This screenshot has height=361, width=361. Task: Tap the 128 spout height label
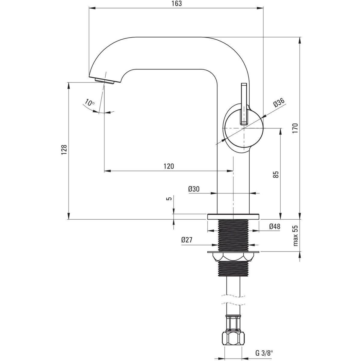(x=63, y=150)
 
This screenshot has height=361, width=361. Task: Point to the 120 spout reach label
(x=169, y=166)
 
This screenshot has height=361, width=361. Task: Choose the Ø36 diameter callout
(x=279, y=103)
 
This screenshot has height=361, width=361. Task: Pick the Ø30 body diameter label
(x=194, y=189)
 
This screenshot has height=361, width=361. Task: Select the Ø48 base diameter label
(x=275, y=227)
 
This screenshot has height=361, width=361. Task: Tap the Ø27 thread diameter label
(x=187, y=240)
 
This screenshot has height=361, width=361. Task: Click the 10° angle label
(x=89, y=103)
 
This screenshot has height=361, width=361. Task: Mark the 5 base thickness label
(x=169, y=199)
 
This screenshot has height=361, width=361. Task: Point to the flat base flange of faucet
(x=233, y=216)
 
